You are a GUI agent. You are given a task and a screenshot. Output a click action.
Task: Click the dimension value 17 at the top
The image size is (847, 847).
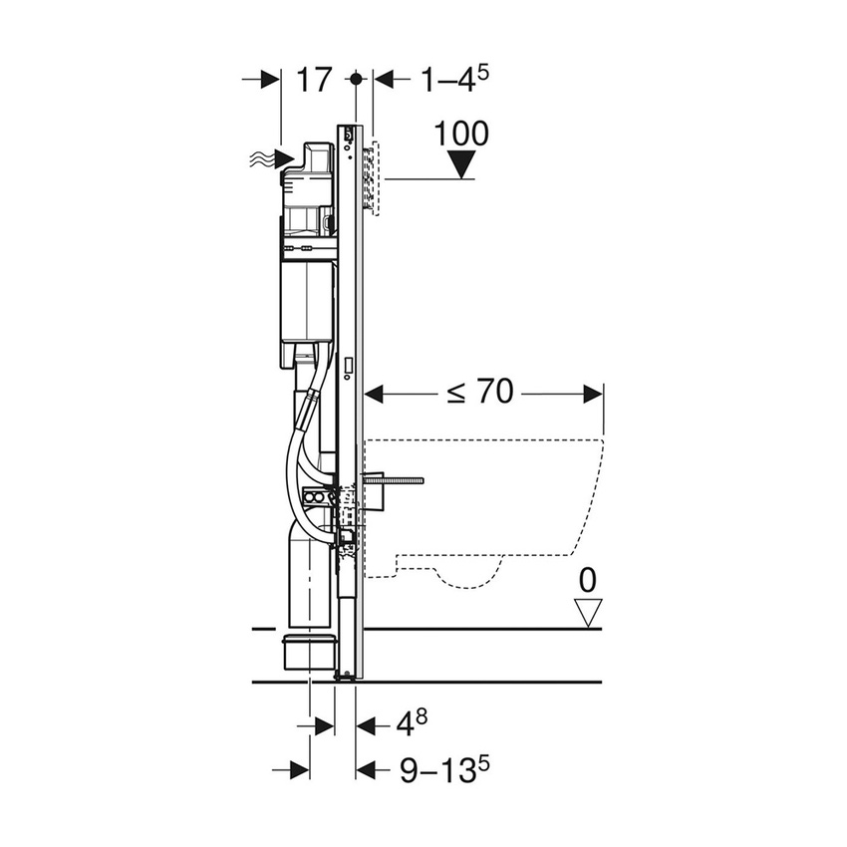click(313, 81)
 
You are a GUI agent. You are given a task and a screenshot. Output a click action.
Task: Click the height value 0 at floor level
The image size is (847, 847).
click(590, 579)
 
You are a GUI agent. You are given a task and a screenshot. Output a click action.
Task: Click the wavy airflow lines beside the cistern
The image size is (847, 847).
click(262, 157)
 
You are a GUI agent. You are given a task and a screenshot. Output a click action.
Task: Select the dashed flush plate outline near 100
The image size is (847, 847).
click(375, 179)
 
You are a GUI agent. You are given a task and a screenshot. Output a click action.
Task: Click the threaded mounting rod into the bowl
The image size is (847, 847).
click(394, 482)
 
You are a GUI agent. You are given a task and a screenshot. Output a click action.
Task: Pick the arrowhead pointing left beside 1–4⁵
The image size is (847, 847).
click(384, 80)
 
